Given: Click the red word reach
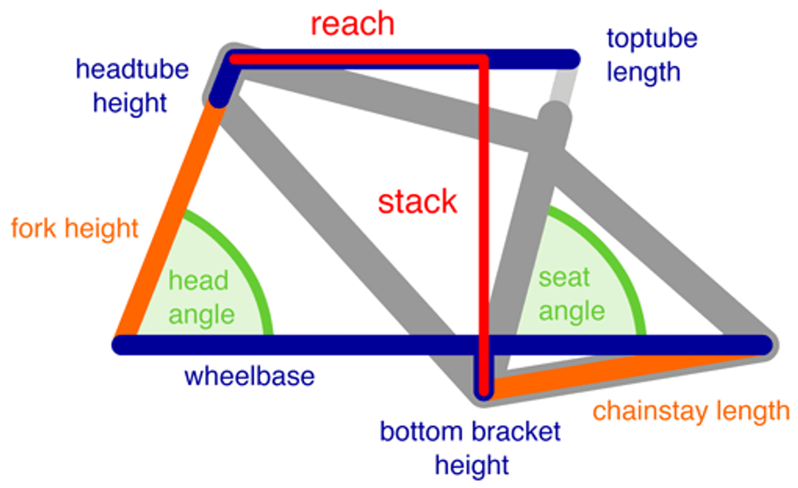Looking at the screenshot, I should coord(352,24).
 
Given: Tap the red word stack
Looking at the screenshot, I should coord(417,202).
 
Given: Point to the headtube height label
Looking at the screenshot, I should coord(132,85).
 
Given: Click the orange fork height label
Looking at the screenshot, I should coord(75,229).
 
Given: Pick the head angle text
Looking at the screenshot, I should coord(201,297).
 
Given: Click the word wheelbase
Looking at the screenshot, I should coord(249,376).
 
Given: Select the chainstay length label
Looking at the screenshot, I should coord(691,411).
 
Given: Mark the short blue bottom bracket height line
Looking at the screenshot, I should coord(483,381).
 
